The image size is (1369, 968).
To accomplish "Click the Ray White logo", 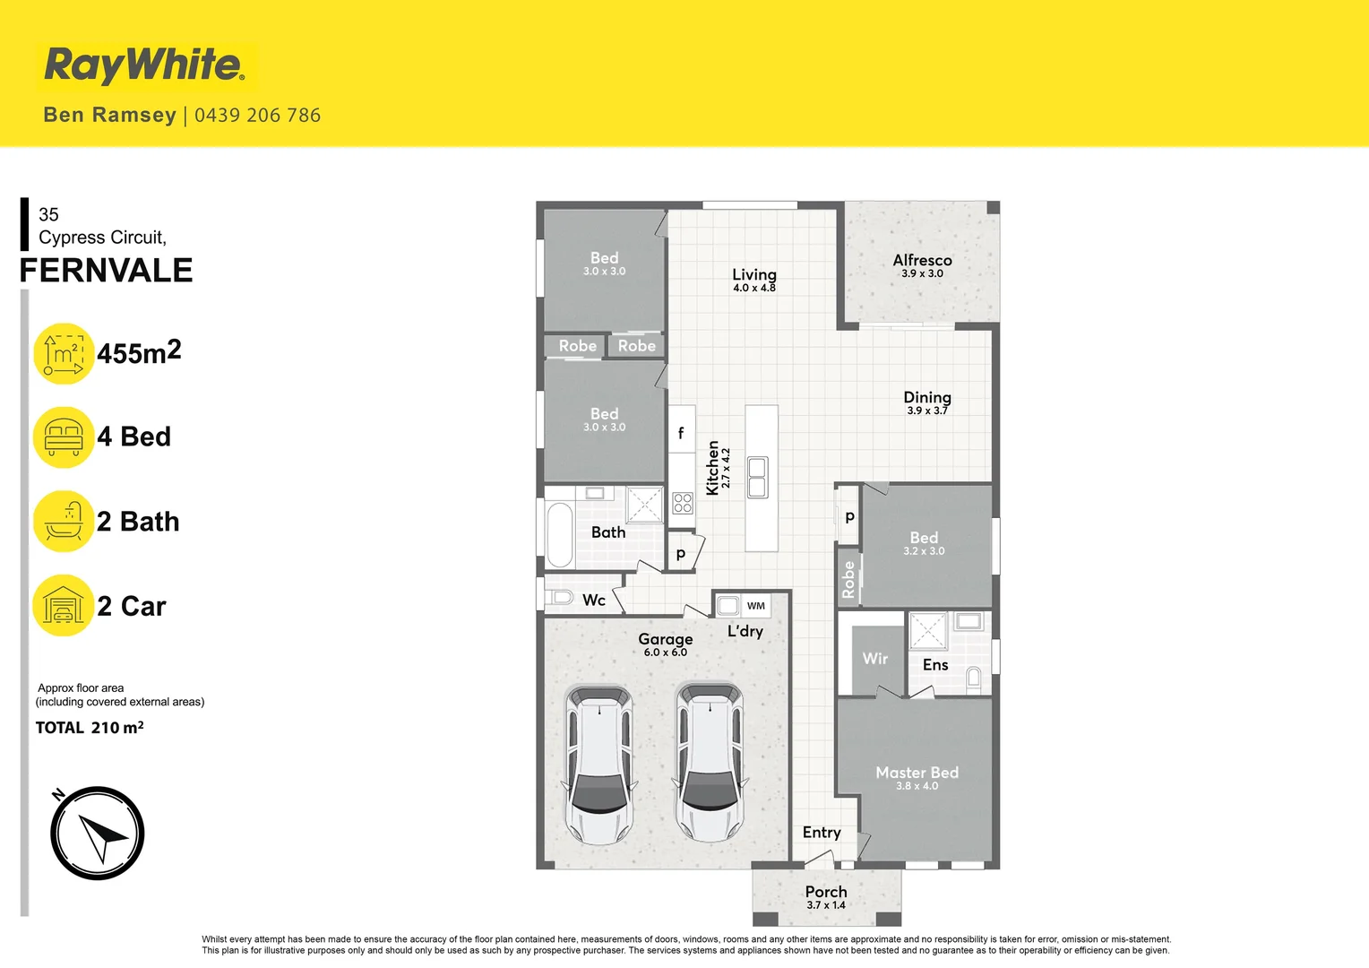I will pos(144,65).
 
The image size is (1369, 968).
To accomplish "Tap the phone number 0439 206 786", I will pos(257,116).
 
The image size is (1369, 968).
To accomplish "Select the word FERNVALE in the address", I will pos(107,271).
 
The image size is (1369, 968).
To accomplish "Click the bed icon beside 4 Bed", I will pos(64,437).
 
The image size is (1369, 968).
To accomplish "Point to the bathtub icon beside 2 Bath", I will pos(64,522).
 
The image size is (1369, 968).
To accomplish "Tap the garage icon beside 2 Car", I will pos(64,606).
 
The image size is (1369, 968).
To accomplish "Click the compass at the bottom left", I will pos(98,834).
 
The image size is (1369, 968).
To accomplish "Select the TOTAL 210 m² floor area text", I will pos(90,728).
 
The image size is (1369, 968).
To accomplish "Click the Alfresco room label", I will pos(922,261).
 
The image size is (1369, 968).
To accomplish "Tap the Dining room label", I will pos(927,398).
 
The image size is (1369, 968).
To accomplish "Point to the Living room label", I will pos(754,275).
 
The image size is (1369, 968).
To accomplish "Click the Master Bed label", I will pos(917,773).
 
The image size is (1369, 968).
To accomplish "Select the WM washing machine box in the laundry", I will pos(756,606).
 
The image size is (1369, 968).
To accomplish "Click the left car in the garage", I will pos(599,765).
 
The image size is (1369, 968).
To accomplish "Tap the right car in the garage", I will pos(710,763).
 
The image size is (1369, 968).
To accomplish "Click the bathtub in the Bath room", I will pos(560,535).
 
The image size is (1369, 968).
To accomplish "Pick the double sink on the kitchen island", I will pos(757,477).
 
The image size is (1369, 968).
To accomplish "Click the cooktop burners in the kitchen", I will pos(683,503).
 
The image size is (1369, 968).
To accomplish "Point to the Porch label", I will pos(826,892).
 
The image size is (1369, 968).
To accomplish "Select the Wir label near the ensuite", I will pos(875,659).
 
